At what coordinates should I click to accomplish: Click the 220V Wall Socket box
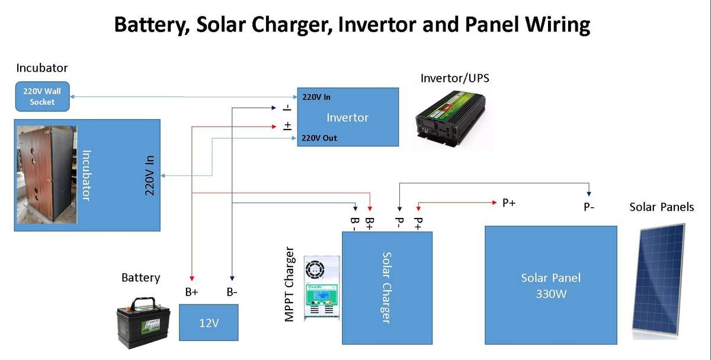coord(42,97)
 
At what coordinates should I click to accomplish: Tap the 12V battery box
coord(209,322)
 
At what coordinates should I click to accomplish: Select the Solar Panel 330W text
coord(550,285)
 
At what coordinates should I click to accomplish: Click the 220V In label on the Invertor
coord(316,97)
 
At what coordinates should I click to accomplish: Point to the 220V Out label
coord(319,138)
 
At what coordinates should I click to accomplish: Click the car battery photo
coord(145,322)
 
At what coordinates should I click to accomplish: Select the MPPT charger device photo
coord(321,288)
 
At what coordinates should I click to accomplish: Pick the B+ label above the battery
coord(191,292)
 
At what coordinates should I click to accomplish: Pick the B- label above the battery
coord(232,292)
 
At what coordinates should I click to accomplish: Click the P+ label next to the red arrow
coord(508,203)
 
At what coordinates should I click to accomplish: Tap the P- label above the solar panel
coord(588,207)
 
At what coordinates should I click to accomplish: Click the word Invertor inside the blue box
coord(347,117)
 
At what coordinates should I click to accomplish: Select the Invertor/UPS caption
coord(454,78)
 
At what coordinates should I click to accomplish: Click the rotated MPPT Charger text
coord(290,285)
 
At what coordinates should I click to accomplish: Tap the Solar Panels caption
coord(661,207)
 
